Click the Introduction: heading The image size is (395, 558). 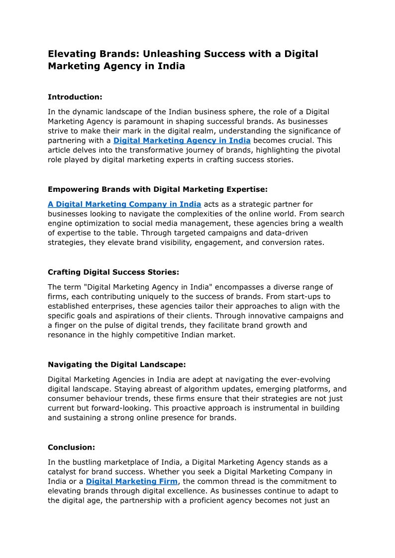click(75, 97)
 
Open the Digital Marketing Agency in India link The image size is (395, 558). click(182, 141)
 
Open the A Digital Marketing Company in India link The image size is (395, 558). click(124, 204)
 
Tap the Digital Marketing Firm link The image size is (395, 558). click(131, 481)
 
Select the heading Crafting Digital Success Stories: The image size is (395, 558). click(113, 272)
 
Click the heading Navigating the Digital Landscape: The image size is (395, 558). click(116, 365)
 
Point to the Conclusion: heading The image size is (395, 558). click(71, 447)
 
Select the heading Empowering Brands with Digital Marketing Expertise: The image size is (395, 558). click(158, 189)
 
